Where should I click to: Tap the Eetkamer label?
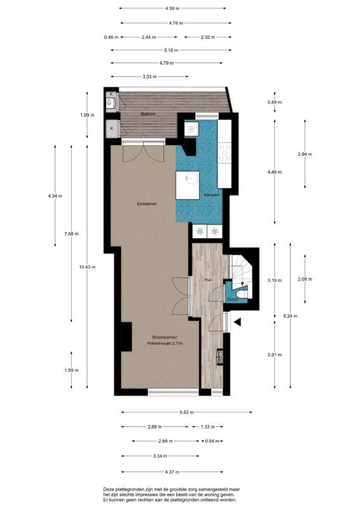(x=147, y=204)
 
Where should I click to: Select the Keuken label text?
(x=212, y=195)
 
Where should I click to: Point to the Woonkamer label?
(x=164, y=337)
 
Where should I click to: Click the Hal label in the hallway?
(x=207, y=280)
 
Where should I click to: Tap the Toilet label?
(x=233, y=298)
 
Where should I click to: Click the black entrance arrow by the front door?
(x=239, y=323)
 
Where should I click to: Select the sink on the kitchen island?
(x=188, y=181)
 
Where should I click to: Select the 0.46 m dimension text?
(x=111, y=38)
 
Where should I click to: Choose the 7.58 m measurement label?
(x=71, y=234)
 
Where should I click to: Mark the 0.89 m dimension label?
(x=275, y=102)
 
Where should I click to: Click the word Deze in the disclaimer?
(x=109, y=488)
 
